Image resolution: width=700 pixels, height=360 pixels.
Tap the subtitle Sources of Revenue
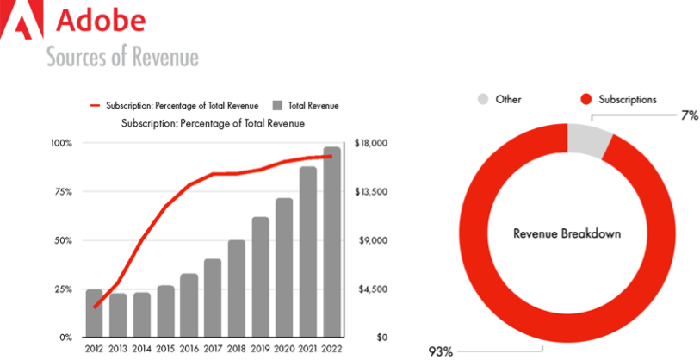[122, 58]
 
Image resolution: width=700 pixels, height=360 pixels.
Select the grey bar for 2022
[331, 242]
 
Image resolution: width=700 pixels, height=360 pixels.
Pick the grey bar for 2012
[94, 313]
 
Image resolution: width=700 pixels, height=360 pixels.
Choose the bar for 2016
[189, 306]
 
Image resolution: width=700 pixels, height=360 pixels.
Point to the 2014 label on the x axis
[141, 348]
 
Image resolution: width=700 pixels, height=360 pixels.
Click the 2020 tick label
[284, 348]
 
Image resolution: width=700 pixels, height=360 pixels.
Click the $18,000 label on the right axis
[373, 143]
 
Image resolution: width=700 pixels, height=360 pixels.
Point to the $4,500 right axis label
[371, 289]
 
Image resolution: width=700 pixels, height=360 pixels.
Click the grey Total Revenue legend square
[277, 105]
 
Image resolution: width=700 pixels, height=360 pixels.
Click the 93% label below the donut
[441, 351]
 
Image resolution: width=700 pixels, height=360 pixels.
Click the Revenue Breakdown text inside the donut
[567, 233]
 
